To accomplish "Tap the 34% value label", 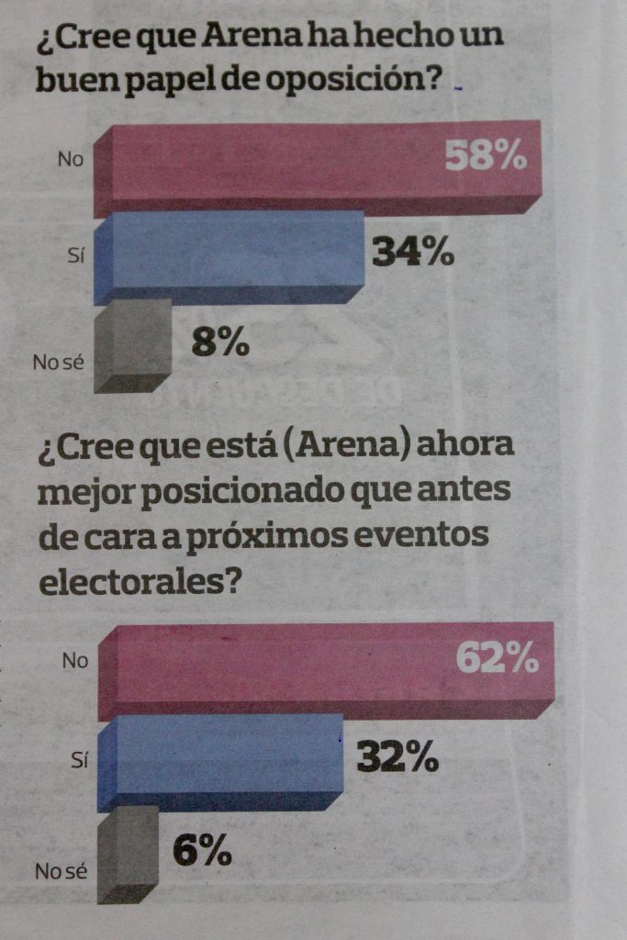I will pos(413,252).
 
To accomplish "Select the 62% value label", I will pos(497,657).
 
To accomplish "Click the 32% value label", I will pos(397,757).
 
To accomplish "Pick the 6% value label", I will pos(202,852).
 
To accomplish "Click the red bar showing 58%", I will pos(275,165).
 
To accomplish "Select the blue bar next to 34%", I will pos(230,255).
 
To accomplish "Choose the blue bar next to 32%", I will pos(220,760).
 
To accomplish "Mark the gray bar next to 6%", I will pos(129,852).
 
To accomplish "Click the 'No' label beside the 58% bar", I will pos(71,159).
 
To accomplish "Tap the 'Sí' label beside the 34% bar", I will pos(76,257).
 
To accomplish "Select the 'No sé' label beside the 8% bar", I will pos(59,363).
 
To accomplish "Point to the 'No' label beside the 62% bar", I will pos(74,659).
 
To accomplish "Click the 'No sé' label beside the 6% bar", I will pos(61,870).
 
